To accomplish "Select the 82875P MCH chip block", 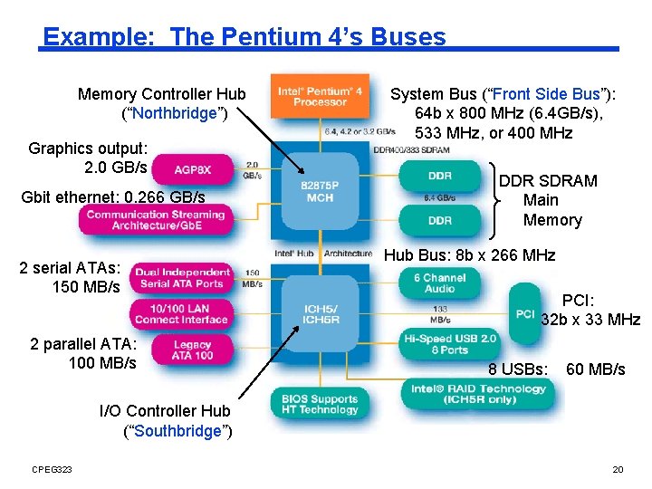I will [x=320, y=192].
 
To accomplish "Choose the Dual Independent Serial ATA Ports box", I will [x=182, y=278].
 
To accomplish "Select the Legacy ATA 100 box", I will [x=192, y=350].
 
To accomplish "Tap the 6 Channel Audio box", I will [x=439, y=283].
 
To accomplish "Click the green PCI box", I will [x=524, y=313].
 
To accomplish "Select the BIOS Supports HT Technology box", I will [x=320, y=404].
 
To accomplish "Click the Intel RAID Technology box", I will [x=479, y=394].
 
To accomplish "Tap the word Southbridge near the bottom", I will [x=177, y=431].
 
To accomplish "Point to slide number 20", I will [x=618, y=468].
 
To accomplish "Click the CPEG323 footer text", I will [x=52, y=468].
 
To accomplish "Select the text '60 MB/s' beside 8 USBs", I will [x=595, y=369].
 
